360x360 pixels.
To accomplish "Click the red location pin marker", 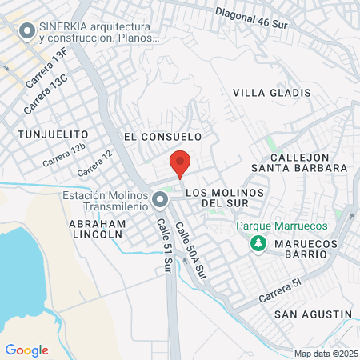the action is click(x=180, y=163).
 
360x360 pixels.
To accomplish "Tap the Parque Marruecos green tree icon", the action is click(x=258, y=243).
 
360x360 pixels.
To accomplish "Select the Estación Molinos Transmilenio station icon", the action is click(x=160, y=199).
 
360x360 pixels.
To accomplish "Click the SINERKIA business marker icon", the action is click(x=26, y=31).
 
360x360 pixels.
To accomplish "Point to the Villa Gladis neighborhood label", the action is click(x=271, y=93).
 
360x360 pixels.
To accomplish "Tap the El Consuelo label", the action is click(x=162, y=137).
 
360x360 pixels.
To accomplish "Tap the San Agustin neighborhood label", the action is click(x=313, y=314).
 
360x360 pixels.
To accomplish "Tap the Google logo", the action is click(x=26, y=350).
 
